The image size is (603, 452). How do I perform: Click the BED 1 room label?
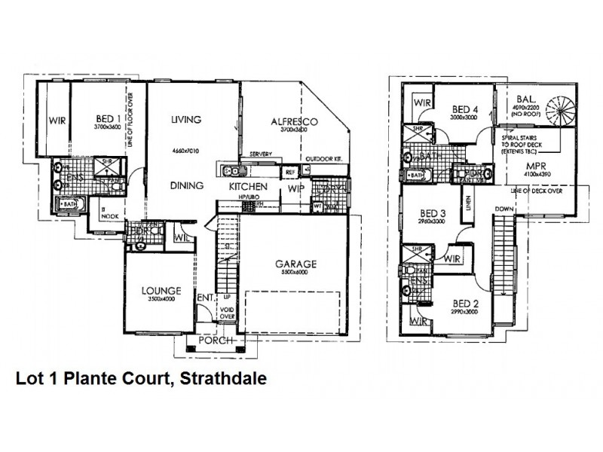(109, 118)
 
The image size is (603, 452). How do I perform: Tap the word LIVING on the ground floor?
(185, 119)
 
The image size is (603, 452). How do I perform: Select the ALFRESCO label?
(292, 121)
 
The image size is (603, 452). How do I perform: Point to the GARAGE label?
(295, 264)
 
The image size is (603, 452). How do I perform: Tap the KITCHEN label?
(246, 186)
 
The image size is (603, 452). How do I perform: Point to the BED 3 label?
(432, 213)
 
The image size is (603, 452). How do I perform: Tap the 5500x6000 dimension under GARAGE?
(295, 274)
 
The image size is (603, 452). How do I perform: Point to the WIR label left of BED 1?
(56, 120)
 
